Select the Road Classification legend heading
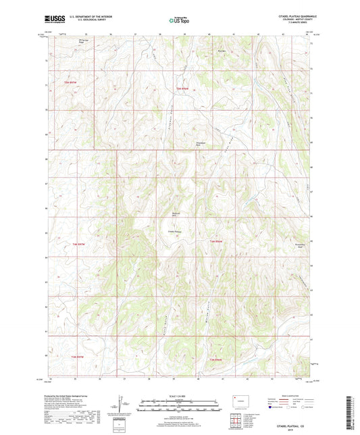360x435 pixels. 292,395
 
